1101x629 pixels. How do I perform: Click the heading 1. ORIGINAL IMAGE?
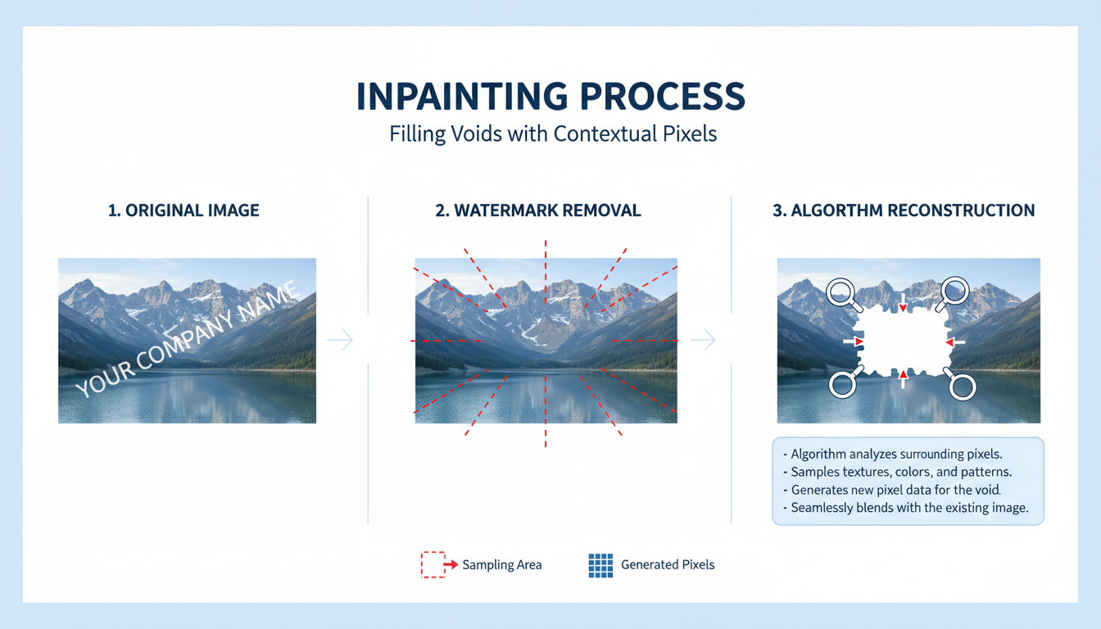183,210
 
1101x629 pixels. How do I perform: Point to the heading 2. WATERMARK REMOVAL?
538,210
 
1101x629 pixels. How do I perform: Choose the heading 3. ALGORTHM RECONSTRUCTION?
904,210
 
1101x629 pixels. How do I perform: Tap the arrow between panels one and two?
340,339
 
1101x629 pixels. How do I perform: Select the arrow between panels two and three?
703,339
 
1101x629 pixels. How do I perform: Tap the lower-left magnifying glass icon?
843,383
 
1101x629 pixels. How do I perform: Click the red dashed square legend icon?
433,564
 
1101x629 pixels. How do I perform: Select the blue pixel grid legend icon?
600,565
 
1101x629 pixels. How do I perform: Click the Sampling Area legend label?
501,565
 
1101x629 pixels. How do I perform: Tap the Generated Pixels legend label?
668,565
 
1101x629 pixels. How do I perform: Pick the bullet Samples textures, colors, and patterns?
901,472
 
